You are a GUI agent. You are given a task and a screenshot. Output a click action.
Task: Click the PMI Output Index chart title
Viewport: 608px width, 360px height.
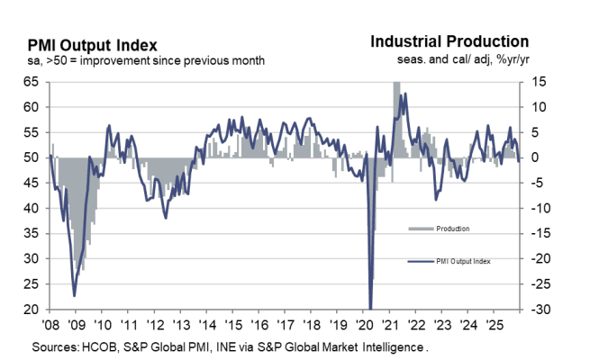[x=92, y=45]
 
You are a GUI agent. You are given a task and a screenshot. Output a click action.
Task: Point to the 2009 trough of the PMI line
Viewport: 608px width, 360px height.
[x=74, y=295]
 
